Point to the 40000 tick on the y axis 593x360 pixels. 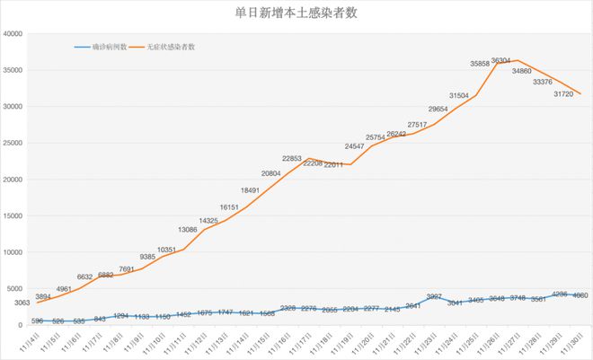point(14,34)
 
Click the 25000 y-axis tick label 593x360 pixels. point(14,143)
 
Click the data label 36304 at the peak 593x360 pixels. point(527,60)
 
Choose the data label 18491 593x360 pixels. point(252,190)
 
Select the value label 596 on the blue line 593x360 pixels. point(37,320)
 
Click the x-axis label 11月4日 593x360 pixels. point(29,343)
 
